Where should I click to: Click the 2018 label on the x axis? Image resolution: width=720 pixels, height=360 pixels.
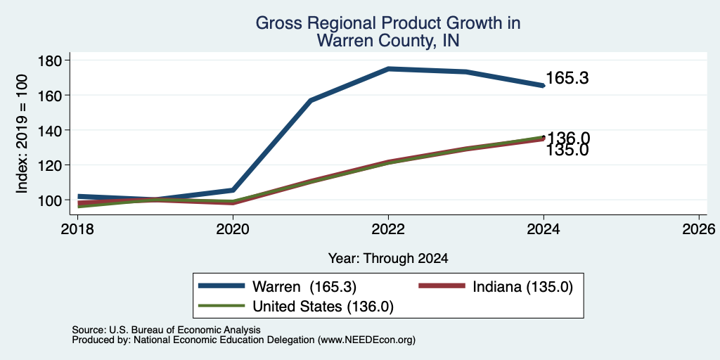(77, 229)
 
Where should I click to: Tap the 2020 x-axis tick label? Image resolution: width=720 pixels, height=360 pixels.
(233, 229)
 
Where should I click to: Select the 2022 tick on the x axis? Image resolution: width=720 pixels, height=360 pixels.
(388, 229)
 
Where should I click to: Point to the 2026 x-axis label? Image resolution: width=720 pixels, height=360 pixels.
(699, 229)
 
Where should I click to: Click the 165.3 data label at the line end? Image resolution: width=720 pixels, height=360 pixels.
(567, 78)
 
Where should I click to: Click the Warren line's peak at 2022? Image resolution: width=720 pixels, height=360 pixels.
(388, 69)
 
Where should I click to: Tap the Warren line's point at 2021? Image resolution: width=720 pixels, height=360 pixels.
(311, 100)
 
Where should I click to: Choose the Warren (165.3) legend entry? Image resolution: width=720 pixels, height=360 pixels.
(277, 287)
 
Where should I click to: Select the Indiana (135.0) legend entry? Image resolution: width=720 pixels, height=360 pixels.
(496, 287)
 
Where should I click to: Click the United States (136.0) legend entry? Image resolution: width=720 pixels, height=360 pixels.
(296, 307)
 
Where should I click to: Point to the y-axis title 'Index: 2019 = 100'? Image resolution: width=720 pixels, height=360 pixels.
(22, 134)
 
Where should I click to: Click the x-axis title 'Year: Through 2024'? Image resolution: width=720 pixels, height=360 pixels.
(388, 259)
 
